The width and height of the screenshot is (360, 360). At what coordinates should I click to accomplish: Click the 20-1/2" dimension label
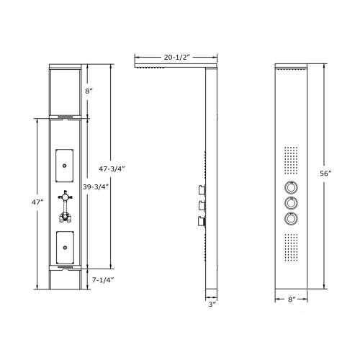(176, 55)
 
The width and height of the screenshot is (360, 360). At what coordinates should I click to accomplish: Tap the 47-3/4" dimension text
(112, 168)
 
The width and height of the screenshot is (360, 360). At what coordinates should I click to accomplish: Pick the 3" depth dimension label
(211, 305)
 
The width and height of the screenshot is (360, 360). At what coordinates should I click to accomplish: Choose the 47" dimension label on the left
(27, 204)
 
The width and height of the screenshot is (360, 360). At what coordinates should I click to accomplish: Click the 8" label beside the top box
(89, 91)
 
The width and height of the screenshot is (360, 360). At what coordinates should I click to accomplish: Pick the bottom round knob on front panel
(291, 219)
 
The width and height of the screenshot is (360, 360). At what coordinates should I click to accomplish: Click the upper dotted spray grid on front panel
(291, 162)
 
